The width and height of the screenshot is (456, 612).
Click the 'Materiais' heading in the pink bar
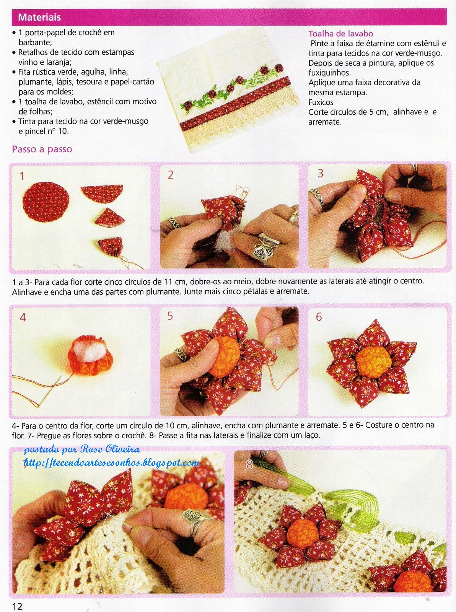point(39,17)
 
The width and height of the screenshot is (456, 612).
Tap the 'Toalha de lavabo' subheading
point(340,34)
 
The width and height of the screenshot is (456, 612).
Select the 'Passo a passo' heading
point(42,149)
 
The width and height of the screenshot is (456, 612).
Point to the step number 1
point(22,176)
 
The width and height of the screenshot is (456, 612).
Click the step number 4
point(23,317)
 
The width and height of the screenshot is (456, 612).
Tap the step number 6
point(319,317)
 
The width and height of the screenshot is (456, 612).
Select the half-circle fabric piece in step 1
point(102,194)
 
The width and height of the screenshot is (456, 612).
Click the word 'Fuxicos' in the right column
point(321,103)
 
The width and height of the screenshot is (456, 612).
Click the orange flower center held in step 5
point(223,357)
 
